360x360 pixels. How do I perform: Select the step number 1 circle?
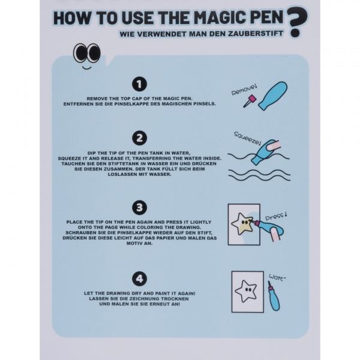(x=139, y=84)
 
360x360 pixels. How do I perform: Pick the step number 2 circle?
(x=139, y=138)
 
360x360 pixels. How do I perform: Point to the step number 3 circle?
(x=139, y=208)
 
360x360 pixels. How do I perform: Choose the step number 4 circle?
(x=139, y=279)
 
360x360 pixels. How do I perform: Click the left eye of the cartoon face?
(x=80, y=53)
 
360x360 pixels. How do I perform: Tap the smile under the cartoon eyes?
(x=86, y=67)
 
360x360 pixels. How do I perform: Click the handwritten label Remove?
(x=244, y=90)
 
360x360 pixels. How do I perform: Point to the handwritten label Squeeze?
(x=247, y=138)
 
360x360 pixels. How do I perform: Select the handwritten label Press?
(x=276, y=216)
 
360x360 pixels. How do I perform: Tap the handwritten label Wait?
(x=277, y=277)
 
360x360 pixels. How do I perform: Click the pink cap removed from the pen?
(x=249, y=101)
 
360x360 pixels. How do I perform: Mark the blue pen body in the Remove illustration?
(x=273, y=96)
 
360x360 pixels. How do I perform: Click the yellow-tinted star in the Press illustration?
(x=242, y=223)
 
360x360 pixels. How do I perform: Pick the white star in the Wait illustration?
(x=245, y=291)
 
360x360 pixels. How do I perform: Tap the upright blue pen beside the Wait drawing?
(x=274, y=296)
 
